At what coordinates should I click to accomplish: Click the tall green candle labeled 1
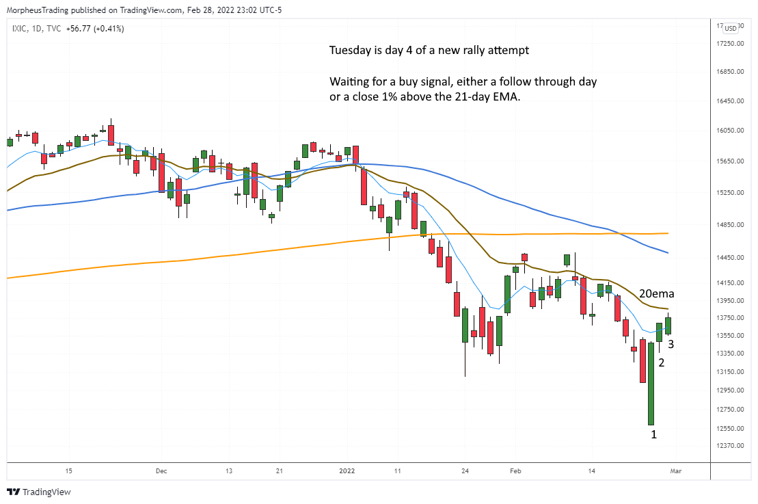click(x=651, y=383)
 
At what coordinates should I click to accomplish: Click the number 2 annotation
click(x=661, y=363)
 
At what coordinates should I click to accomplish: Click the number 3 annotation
click(x=671, y=344)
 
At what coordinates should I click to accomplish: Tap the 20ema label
click(x=657, y=294)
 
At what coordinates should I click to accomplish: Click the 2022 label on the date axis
click(x=347, y=471)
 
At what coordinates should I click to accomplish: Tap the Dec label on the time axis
click(x=161, y=471)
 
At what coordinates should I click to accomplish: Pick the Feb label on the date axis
click(x=516, y=471)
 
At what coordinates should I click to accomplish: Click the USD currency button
click(x=730, y=28)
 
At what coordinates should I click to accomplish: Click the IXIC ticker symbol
click(x=20, y=29)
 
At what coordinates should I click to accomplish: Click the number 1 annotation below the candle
click(x=653, y=434)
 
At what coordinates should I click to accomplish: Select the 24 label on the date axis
click(x=465, y=471)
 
